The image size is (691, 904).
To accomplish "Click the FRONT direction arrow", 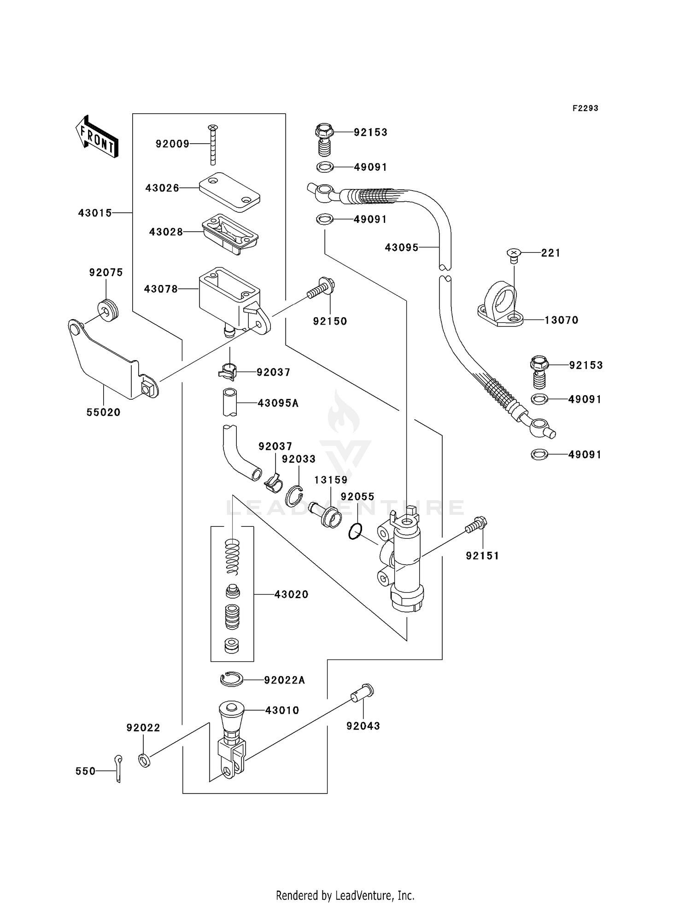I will pyautogui.click(x=97, y=137).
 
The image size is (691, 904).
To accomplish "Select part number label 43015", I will pyautogui.click(x=95, y=213).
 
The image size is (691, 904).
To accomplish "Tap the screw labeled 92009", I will pyautogui.click(x=212, y=145).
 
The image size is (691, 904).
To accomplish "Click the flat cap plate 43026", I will pyautogui.click(x=229, y=192).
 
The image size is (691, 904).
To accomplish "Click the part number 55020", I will pyautogui.click(x=103, y=413).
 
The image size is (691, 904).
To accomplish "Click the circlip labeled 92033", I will pyautogui.click(x=293, y=496).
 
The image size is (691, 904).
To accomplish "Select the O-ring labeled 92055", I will pyautogui.click(x=355, y=531).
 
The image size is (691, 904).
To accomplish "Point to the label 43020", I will pyautogui.click(x=291, y=595).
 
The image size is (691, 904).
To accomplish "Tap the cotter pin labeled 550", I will pyautogui.click(x=118, y=768).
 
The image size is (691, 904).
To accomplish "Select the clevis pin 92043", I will pyautogui.click(x=363, y=692).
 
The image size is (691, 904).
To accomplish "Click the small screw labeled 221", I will pyautogui.click(x=513, y=254).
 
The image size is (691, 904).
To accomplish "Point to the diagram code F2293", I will pyautogui.click(x=585, y=108).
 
